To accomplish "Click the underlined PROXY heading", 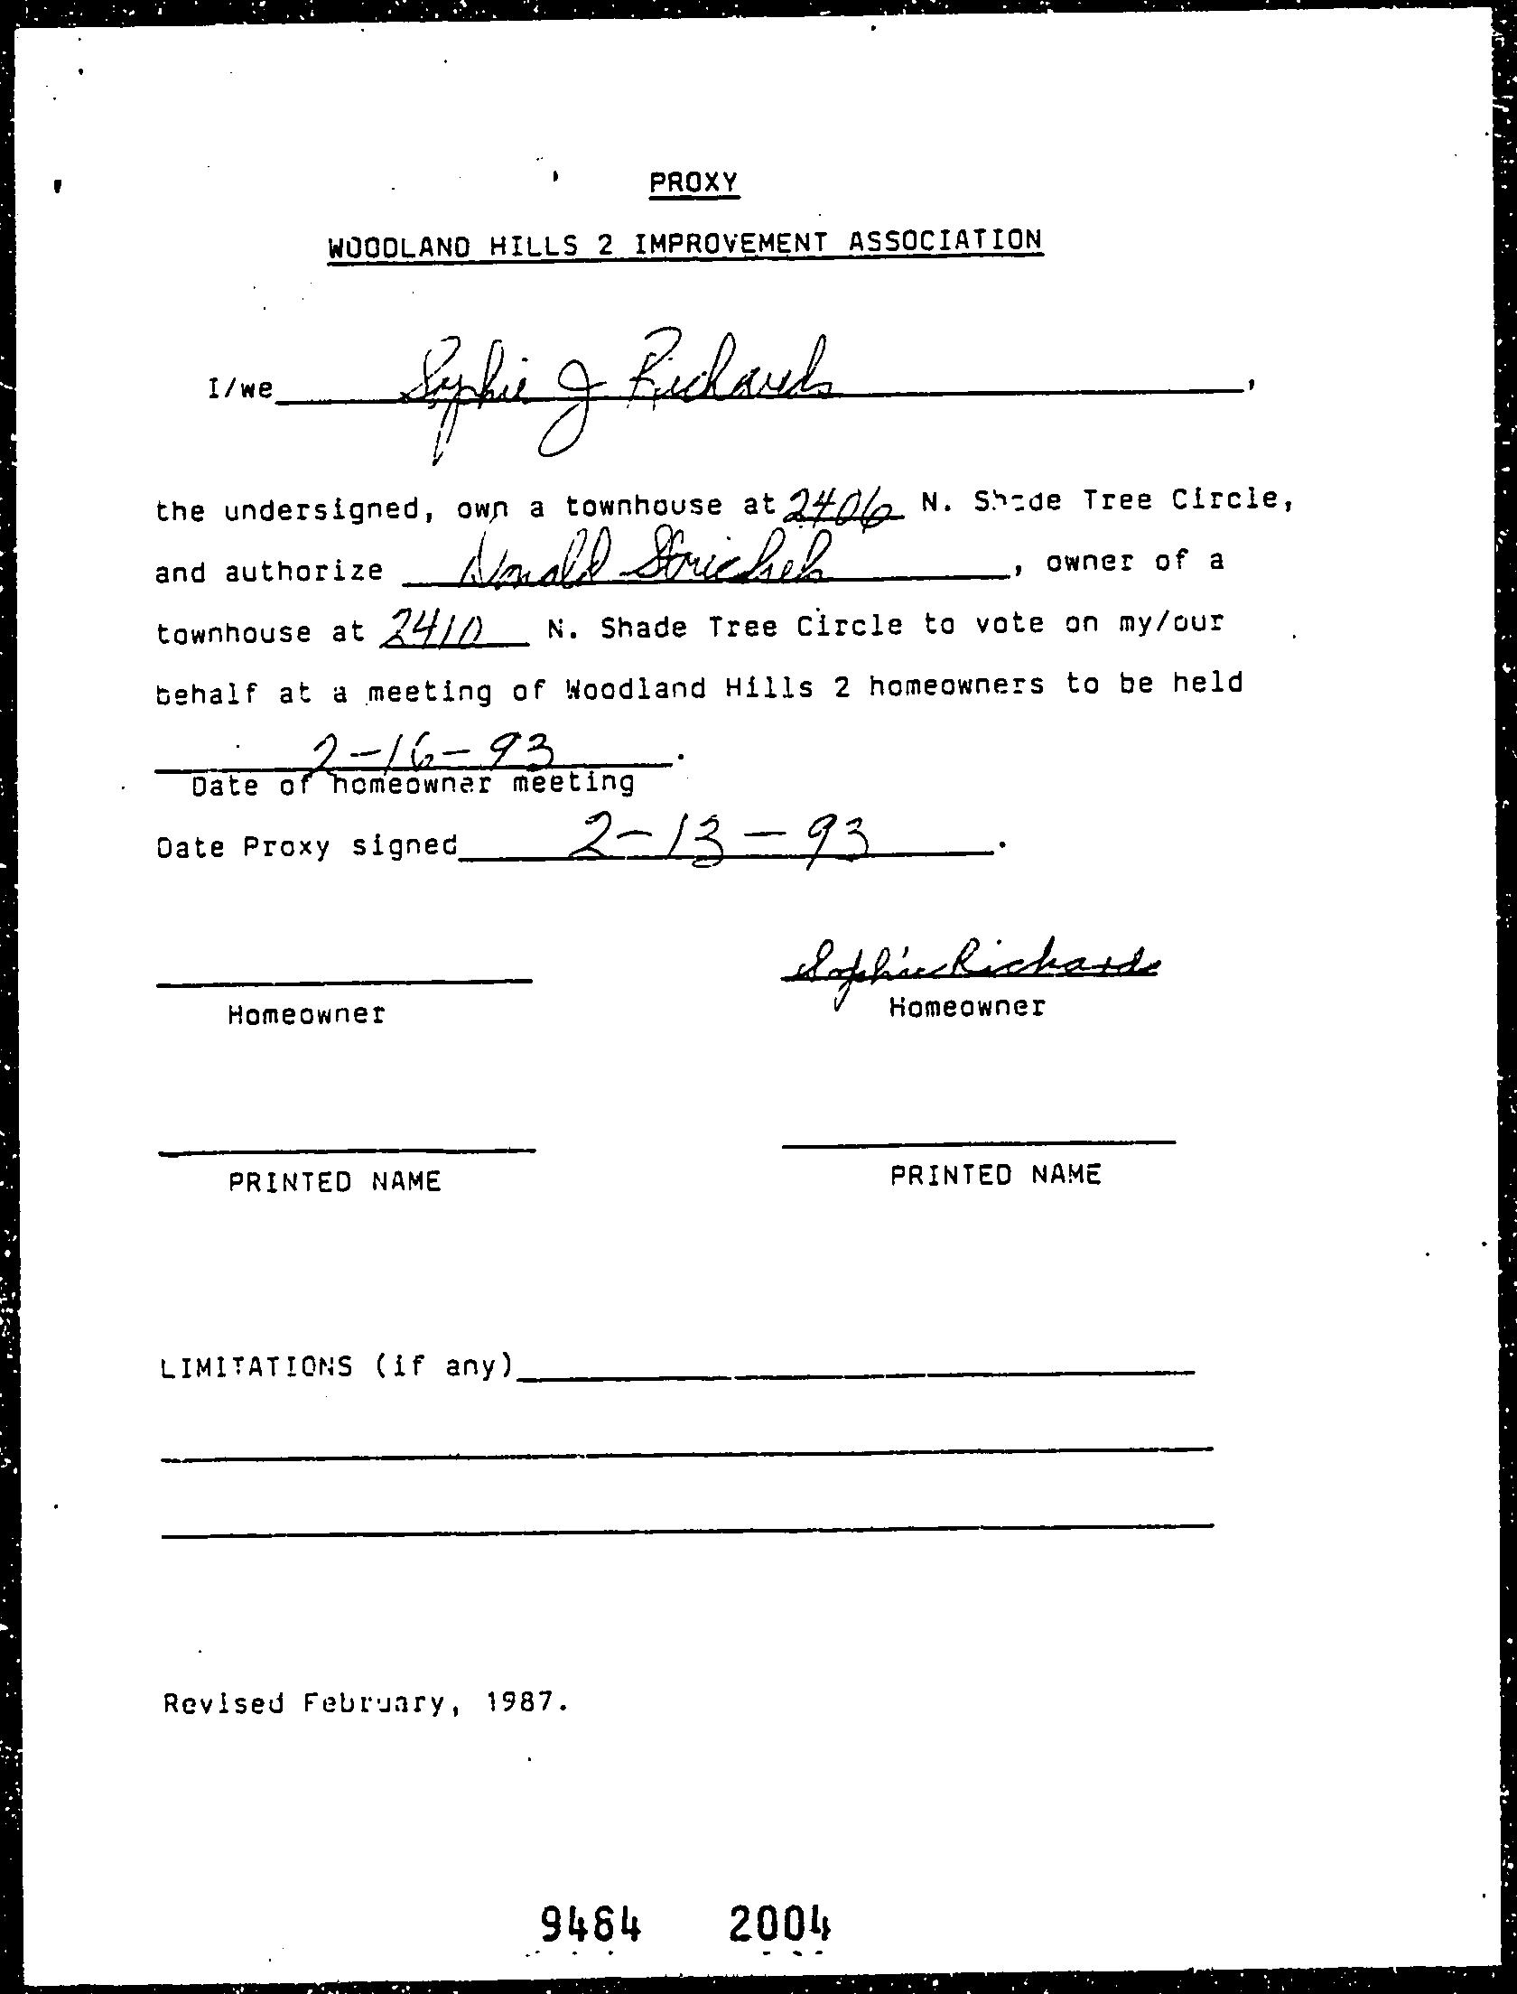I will tap(693, 183).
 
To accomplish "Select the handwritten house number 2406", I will tap(844, 508).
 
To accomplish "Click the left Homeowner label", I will tap(306, 1014).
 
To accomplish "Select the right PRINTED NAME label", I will tap(995, 1175).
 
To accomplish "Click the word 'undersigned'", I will tap(321, 510).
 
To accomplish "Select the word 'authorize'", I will tap(303, 572).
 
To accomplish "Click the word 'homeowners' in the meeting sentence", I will tap(956, 685).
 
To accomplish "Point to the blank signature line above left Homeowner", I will tap(344, 981).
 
